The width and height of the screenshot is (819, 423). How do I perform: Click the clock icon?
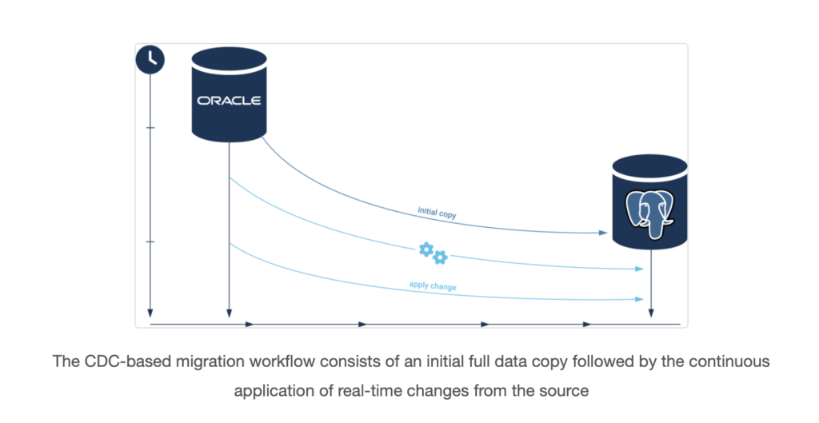(x=150, y=59)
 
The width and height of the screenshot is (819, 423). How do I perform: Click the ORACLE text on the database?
(x=229, y=100)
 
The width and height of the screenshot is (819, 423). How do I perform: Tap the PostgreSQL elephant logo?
(x=649, y=213)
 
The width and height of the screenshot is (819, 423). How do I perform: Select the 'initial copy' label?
(x=437, y=213)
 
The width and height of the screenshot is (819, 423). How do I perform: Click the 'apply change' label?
(x=433, y=285)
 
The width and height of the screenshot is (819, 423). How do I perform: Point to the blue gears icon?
(x=433, y=253)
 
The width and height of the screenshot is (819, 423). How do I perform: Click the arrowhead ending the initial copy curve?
(x=603, y=233)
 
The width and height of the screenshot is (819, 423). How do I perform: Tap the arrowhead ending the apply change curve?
(x=639, y=299)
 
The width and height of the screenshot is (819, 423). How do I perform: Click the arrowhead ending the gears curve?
(x=639, y=269)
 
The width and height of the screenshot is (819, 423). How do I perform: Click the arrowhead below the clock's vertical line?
(x=150, y=313)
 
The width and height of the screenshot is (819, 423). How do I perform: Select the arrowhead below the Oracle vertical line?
(x=229, y=313)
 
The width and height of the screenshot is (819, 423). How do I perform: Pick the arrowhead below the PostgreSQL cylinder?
(x=651, y=313)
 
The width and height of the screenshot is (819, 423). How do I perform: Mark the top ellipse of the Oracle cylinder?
(x=230, y=59)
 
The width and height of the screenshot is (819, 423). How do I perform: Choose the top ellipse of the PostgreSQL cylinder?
(x=649, y=166)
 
